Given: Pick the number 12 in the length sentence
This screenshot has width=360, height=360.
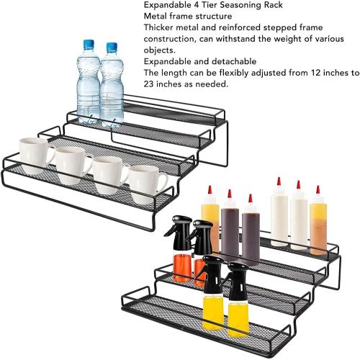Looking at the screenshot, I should (314, 73).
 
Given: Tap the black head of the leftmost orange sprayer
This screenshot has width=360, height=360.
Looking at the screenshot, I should (176, 231).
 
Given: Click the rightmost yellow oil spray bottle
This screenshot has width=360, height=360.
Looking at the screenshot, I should (238, 295).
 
